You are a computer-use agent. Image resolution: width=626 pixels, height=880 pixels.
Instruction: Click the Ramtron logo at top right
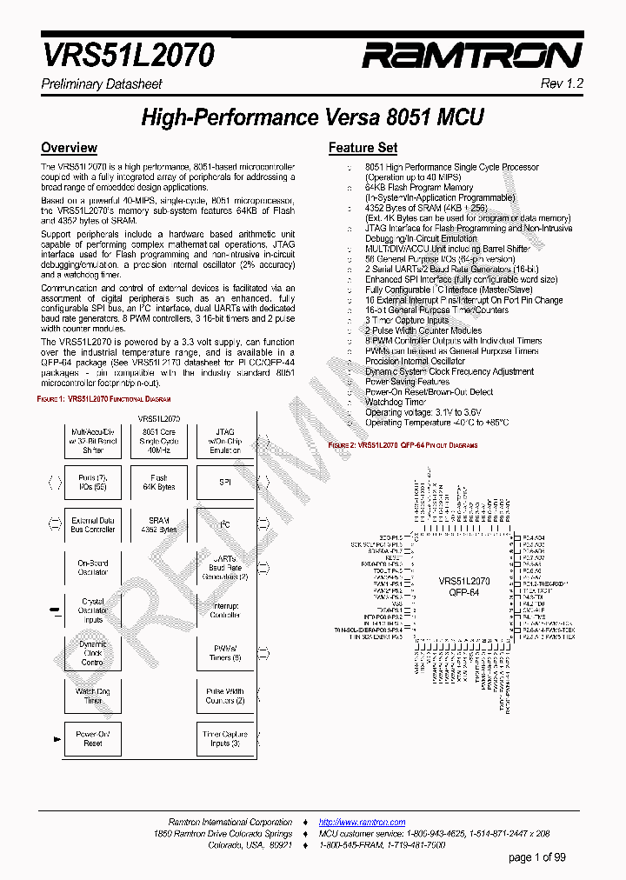(x=471, y=57)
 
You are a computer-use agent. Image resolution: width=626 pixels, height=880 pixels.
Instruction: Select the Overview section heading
(x=69, y=148)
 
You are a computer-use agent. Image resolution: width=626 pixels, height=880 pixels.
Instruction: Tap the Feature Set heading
(x=363, y=148)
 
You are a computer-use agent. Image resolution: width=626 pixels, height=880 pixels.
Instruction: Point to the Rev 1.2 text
(x=562, y=83)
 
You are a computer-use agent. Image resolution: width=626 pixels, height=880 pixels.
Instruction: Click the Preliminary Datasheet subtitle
(x=102, y=84)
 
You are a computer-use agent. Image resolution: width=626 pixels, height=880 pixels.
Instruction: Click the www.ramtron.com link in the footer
(x=362, y=822)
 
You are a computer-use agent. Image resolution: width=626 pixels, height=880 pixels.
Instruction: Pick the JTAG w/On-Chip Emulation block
(x=224, y=441)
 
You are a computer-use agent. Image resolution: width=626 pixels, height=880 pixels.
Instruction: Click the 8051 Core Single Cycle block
(x=158, y=441)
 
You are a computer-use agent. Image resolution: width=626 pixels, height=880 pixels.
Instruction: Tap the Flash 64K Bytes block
(x=158, y=483)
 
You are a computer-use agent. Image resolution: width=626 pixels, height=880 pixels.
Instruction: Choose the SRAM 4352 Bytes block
(x=158, y=525)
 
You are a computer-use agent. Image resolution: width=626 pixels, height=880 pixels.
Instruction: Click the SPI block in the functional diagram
(x=224, y=483)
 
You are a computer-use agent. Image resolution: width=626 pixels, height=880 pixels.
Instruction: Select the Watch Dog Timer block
(x=92, y=696)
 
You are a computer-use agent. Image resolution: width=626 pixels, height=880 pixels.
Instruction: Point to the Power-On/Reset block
(x=92, y=738)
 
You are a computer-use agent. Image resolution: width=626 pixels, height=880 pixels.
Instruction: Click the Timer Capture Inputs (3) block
(x=224, y=738)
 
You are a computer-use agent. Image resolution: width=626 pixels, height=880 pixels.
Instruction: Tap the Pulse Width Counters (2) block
(x=224, y=696)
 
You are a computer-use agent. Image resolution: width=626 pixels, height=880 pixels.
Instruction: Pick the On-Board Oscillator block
(x=92, y=568)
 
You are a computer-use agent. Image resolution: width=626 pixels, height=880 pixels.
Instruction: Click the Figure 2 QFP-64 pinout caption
(x=403, y=444)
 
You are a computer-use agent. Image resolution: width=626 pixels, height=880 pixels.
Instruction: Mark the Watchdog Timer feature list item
(x=396, y=402)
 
